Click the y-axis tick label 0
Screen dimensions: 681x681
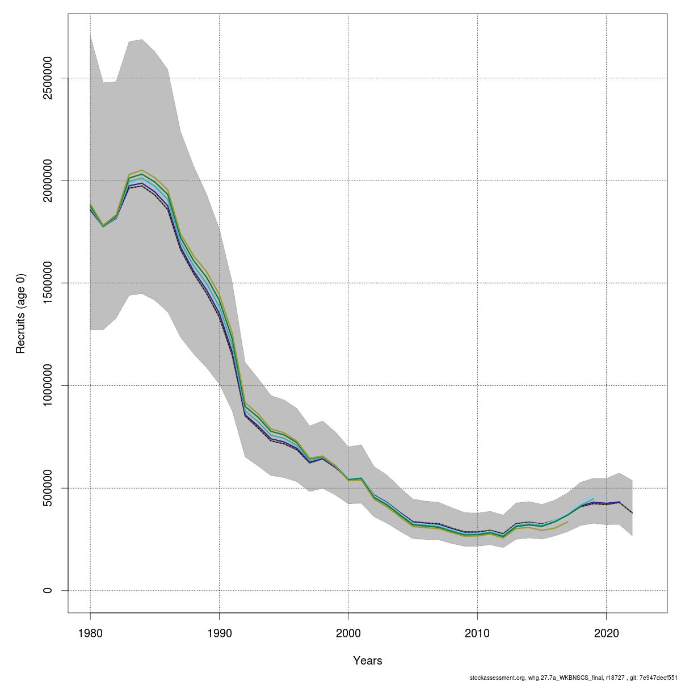[x=48, y=590]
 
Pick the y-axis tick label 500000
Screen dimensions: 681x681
[x=48, y=488]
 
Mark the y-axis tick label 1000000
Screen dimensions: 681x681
[x=48, y=385]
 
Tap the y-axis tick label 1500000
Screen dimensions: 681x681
[x=48, y=283]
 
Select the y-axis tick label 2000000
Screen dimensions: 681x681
[x=48, y=180]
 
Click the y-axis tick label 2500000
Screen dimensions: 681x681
[x=48, y=78]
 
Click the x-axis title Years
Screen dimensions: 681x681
[x=368, y=661]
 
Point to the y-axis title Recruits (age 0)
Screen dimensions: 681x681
[x=21, y=313]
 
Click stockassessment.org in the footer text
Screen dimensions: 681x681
[x=497, y=678]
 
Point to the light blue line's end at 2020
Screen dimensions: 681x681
[x=607, y=495]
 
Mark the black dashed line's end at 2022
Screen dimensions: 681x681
[x=632, y=513]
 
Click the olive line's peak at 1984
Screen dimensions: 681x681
[x=141, y=170]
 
